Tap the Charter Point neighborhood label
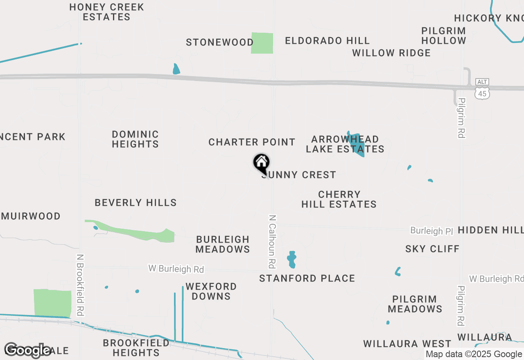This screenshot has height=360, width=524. pyautogui.click(x=252, y=142)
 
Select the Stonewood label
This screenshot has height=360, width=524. pyautogui.click(x=220, y=43)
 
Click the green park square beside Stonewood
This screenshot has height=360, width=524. pyautogui.click(x=262, y=43)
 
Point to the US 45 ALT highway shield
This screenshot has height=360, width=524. pyautogui.click(x=482, y=90)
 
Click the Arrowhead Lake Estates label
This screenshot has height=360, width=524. pyautogui.click(x=345, y=144)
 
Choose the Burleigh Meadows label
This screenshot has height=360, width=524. pyautogui.click(x=223, y=244)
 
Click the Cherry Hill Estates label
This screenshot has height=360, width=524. pyautogui.click(x=339, y=199)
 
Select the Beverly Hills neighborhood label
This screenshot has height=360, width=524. pyautogui.click(x=136, y=203)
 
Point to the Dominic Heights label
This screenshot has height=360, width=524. pyautogui.click(x=135, y=139)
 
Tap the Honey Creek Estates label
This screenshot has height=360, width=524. pyautogui.click(x=106, y=12)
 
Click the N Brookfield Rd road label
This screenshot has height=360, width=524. pyautogui.click(x=80, y=285)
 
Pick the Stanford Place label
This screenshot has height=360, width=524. pyautogui.click(x=307, y=279)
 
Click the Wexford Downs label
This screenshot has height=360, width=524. pyautogui.click(x=211, y=291)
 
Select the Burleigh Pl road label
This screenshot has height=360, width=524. pyautogui.click(x=432, y=231)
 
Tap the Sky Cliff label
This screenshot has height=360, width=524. pyautogui.click(x=432, y=249)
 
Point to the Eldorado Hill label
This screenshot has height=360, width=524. pyautogui.click(x=327, y=41)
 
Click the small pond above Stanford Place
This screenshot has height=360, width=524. pyautogui.click(x=291, y=259)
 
